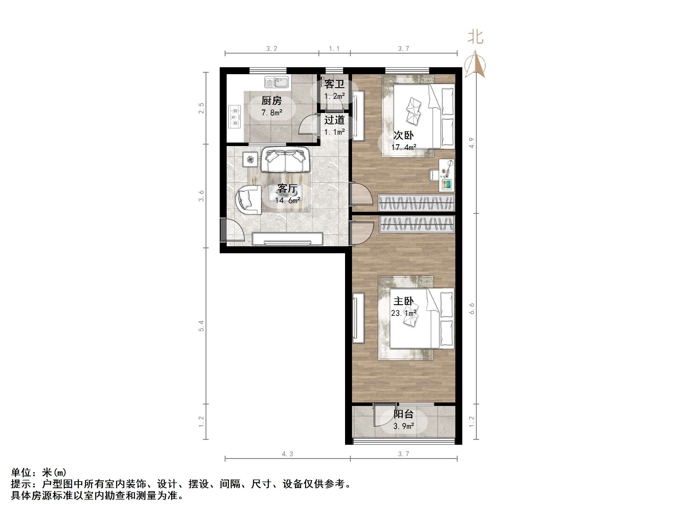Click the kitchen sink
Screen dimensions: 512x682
[x=276, y=82]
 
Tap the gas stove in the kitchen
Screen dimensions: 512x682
[x=235, y=117]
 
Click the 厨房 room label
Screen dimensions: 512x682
[x=271, y=101]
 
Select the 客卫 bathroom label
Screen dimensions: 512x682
[x=334, y=84]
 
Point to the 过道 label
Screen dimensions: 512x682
[x=334, y=120]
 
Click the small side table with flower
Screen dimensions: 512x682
[x=250, y=160]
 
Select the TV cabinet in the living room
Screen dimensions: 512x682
[x=287, y=239]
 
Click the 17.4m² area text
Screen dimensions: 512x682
[x=404, y=147]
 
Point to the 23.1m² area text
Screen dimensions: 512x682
[x=404, y=313]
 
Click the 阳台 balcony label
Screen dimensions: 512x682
[x=403, y=414]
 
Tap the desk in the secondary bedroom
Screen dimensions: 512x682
[x=446, y=175]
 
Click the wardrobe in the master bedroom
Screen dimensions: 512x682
[x=417, y=224]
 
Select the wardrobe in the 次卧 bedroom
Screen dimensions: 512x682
[x=416, y=203]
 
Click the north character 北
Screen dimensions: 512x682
[x=475, y=37]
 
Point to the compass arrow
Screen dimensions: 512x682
[x=475, y=65]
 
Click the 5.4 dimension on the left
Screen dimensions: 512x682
[x=201, y=326]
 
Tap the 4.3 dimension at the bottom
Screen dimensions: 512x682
[x=287, y=454]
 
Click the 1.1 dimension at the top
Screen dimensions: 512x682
[x=334, y=48]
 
